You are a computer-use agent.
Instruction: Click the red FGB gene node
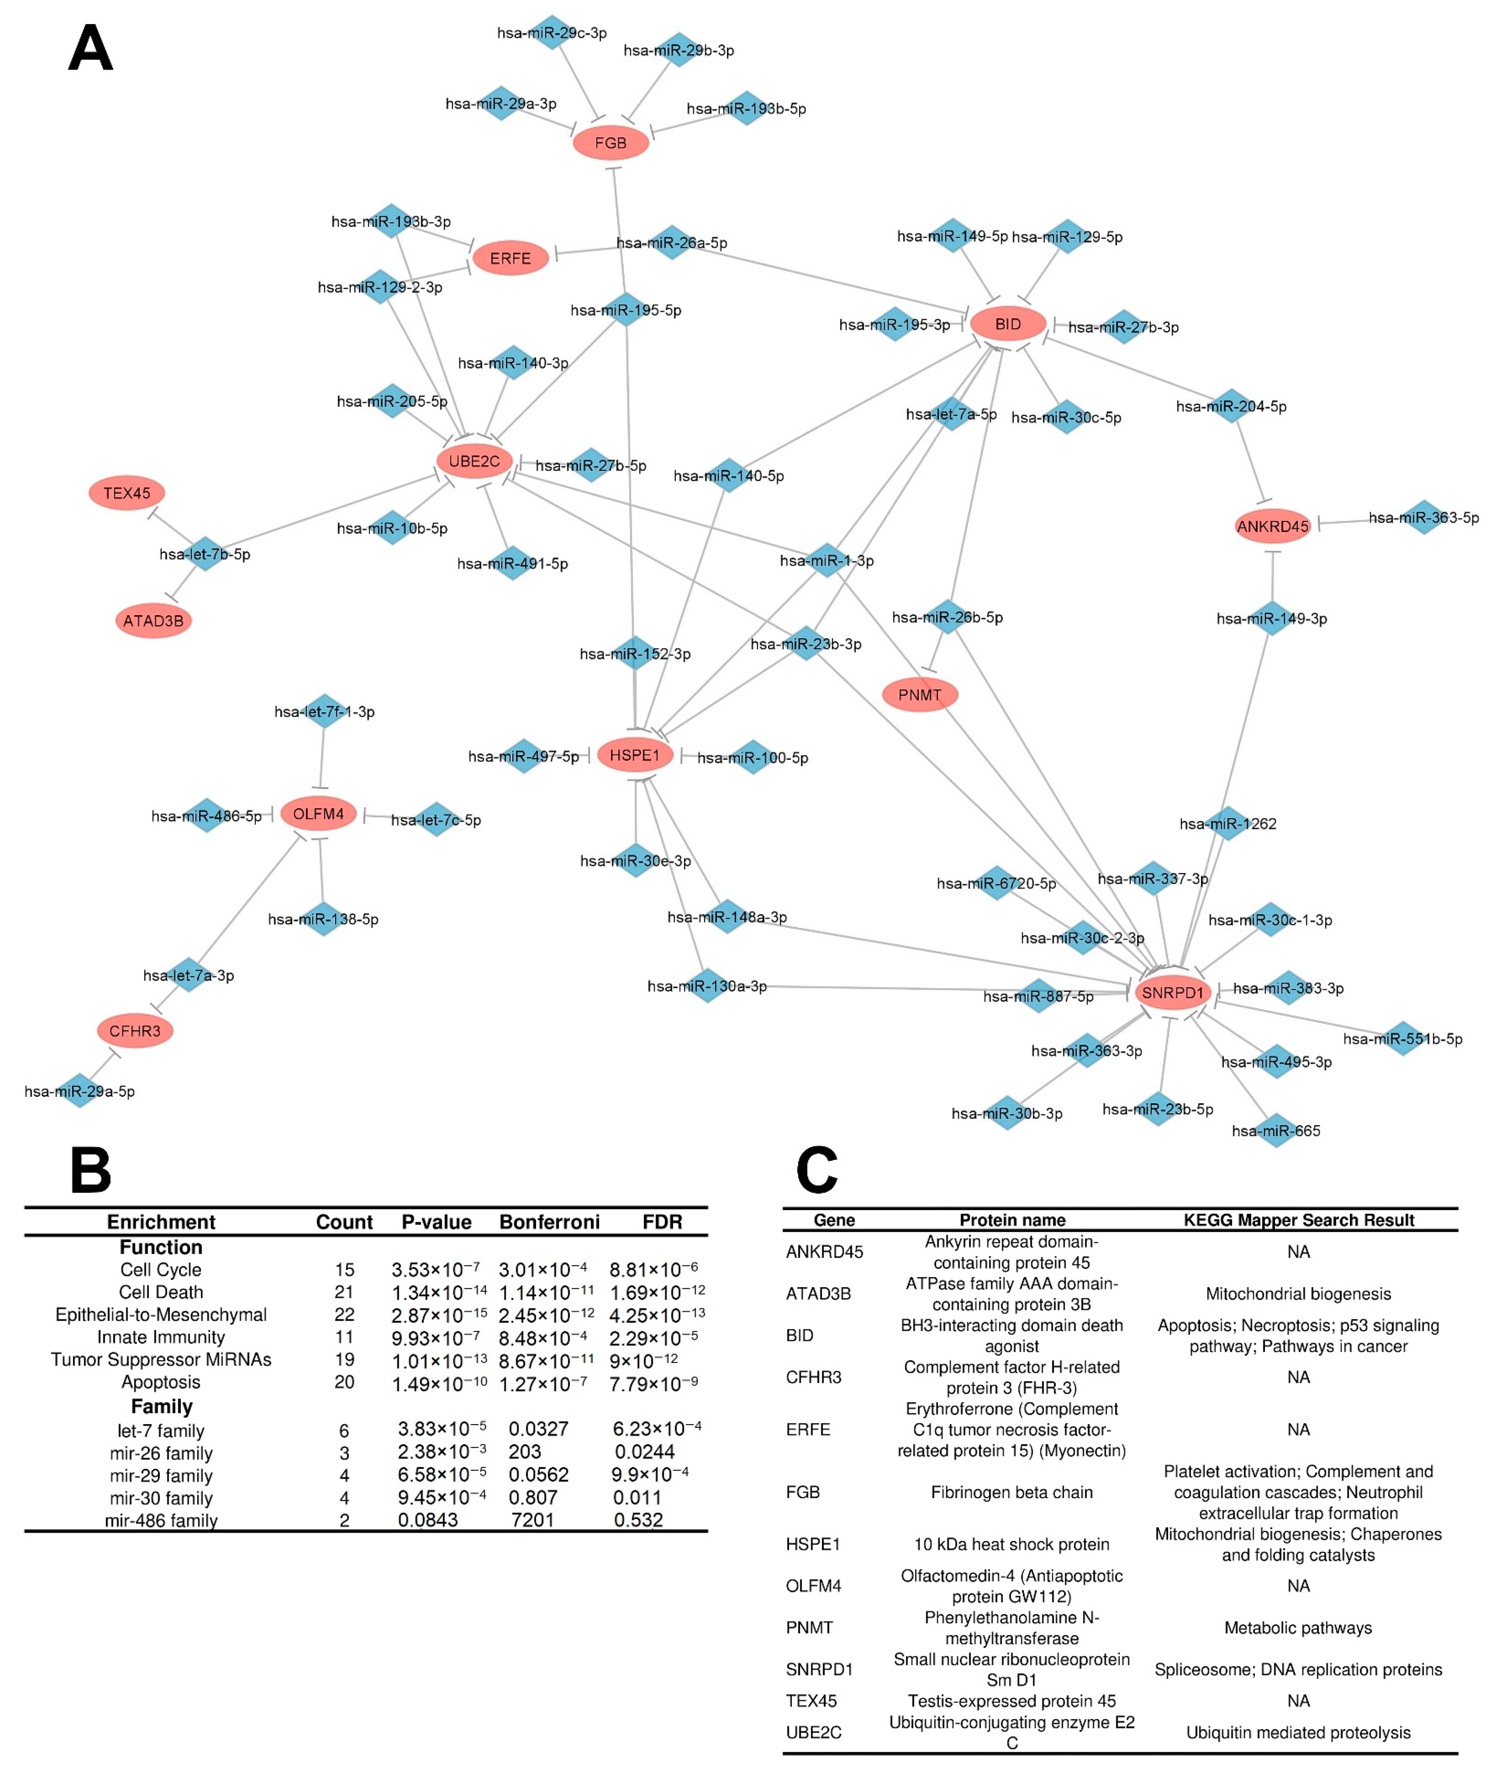coord(611,143)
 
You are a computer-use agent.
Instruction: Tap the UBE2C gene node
coord(474,461)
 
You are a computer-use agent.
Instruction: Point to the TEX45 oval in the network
coord(127,493)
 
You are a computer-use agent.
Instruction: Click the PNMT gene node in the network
coord(920,694)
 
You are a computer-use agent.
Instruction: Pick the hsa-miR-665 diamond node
coord(1275,1130)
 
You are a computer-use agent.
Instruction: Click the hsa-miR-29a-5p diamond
coord(80,1091)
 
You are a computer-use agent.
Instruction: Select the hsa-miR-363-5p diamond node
coord(1424,517)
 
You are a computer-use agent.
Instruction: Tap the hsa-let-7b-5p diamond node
coord(206,554)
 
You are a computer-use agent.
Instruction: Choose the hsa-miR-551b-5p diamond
coord(1403,1039)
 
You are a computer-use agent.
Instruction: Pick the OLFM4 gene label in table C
coord(814,1586)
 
